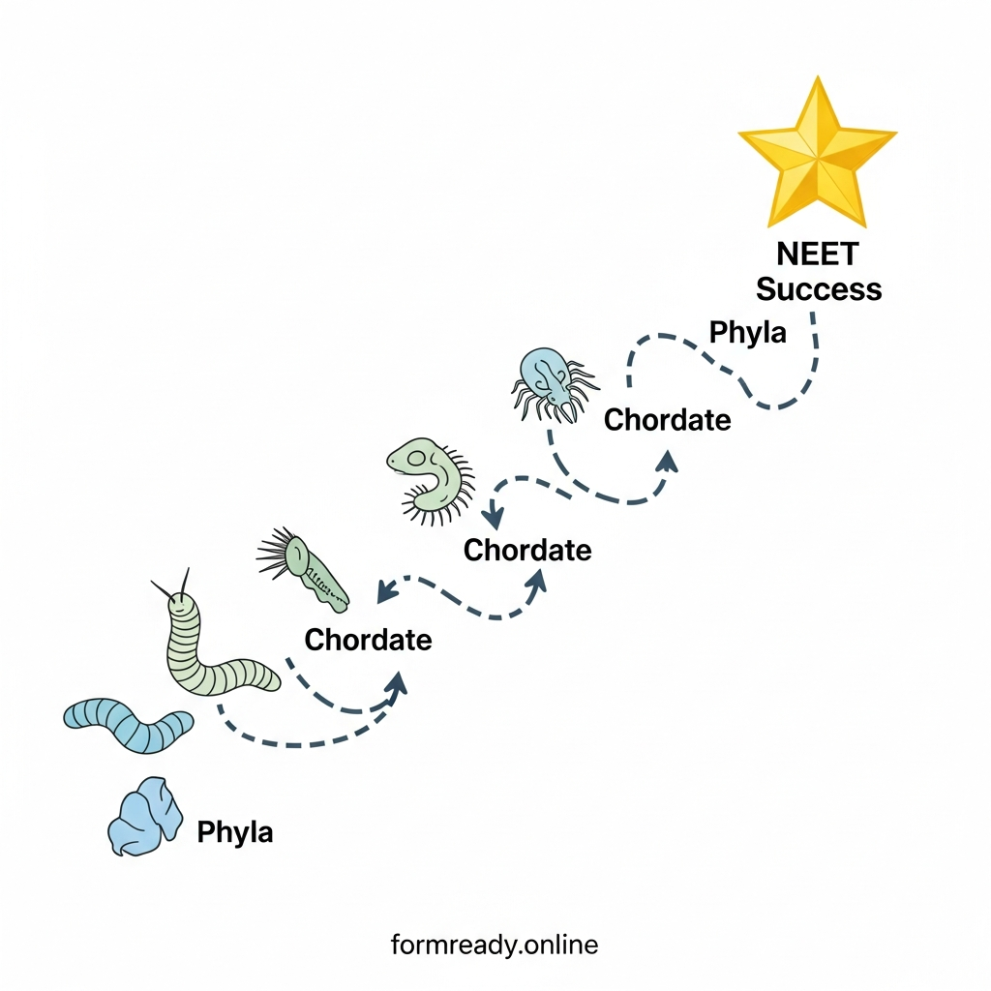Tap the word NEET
click(818, 255)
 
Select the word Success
click(819, 289)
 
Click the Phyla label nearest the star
click(747, 333)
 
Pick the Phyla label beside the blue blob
click(234, 831)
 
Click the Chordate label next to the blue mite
click(667, 420)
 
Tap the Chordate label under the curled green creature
click(526, 550)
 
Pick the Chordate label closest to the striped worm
click(368, 639)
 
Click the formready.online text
click(495, 944)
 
